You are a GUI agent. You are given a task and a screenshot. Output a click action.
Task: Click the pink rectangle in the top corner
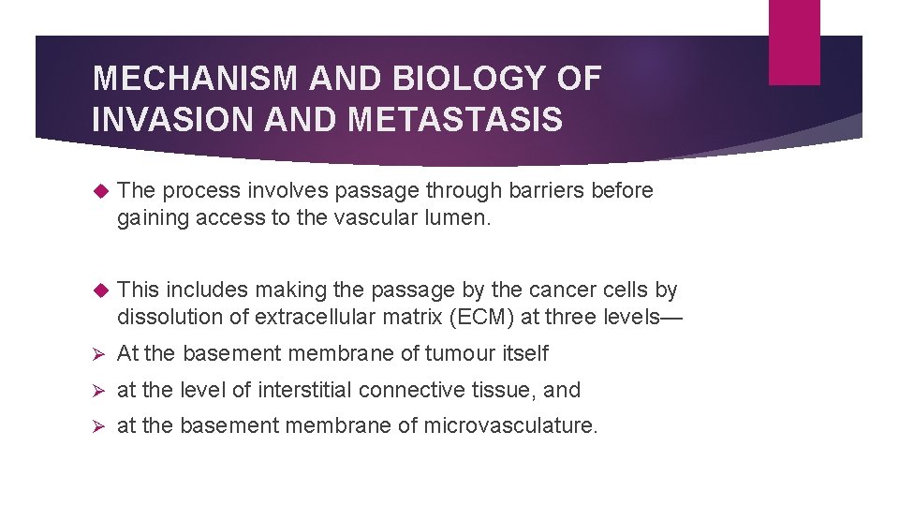(794, 42)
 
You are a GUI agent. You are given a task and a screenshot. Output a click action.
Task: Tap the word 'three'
(569, 317)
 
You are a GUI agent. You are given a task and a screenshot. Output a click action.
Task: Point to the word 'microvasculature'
(509, 425)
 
